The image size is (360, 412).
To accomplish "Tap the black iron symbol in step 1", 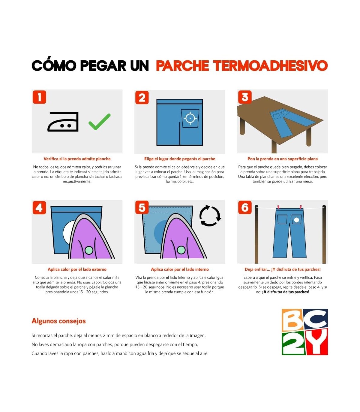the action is point(63,122).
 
